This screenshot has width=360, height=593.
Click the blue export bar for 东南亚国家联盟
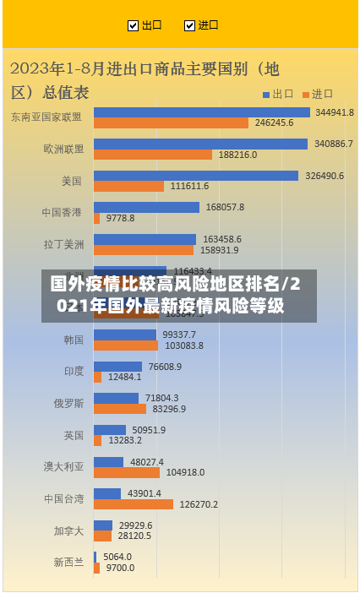[201, 112]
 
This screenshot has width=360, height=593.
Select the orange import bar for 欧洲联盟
[152, 155]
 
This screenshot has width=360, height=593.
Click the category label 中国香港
[63, 212]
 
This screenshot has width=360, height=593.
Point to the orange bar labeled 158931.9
[144, 250]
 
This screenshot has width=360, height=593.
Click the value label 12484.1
[125, 377]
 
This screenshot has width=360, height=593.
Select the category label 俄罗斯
[68, 403]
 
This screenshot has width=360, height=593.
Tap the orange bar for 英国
[97, 440]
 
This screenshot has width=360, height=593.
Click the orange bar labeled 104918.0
[128, 472]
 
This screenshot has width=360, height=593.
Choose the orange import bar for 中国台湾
[133, 504]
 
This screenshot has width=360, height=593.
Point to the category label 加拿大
[68, 530]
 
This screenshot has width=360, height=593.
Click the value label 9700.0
[120, 568]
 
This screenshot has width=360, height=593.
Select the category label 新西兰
[68, 562]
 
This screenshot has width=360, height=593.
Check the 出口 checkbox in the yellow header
[133, 25]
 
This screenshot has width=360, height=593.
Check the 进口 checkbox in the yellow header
[189, 25]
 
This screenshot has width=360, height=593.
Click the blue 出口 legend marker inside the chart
[265, 94]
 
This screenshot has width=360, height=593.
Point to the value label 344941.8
[335, 112]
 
